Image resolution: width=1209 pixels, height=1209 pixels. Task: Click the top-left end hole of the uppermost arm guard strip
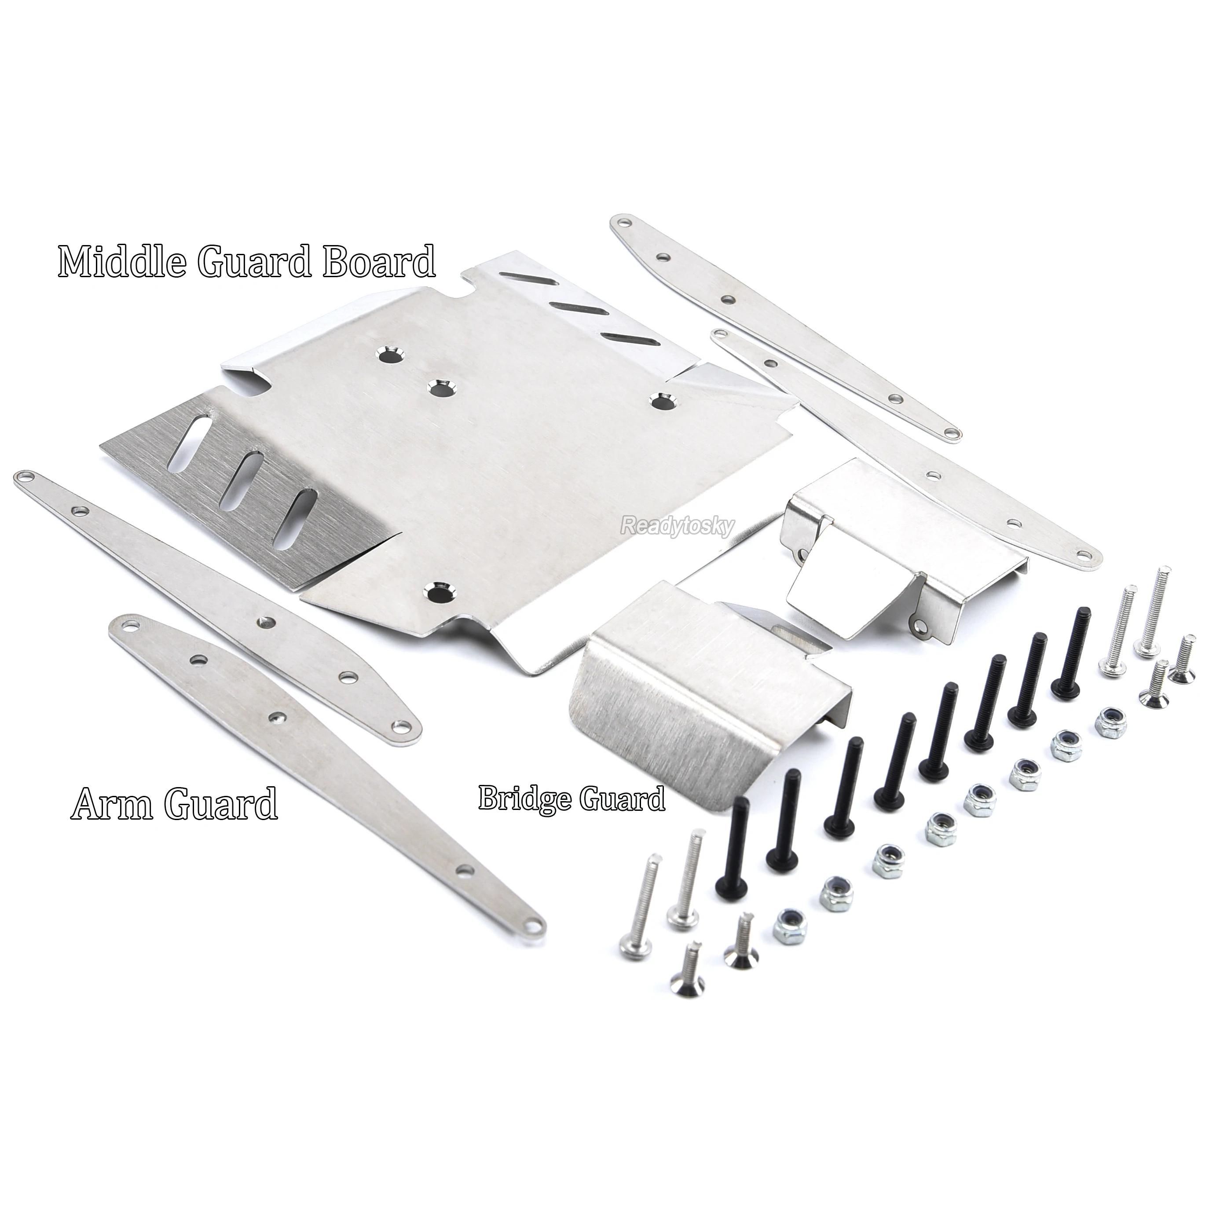click(x=623, y=223)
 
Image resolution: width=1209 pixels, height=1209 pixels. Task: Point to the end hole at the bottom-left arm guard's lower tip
click(x=533, y=939)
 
